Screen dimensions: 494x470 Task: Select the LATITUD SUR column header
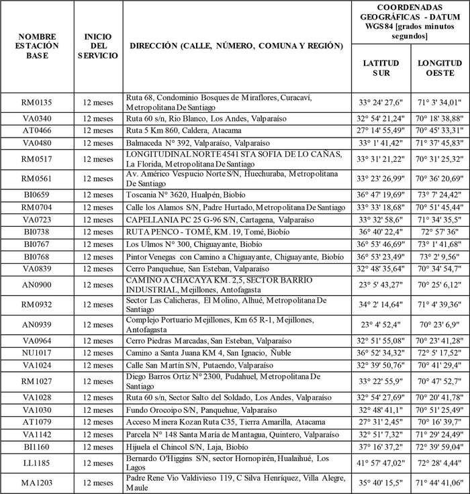(x=380, y=68)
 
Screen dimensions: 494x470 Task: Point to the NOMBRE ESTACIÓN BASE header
(x=38, y=46)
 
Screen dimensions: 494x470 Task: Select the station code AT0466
(x=38, y=130)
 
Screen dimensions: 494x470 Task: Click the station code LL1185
(x=38, y=463)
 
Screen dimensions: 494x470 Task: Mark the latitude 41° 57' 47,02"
(x=380, y=463)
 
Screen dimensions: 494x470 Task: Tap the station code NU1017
(x=38, y=352)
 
